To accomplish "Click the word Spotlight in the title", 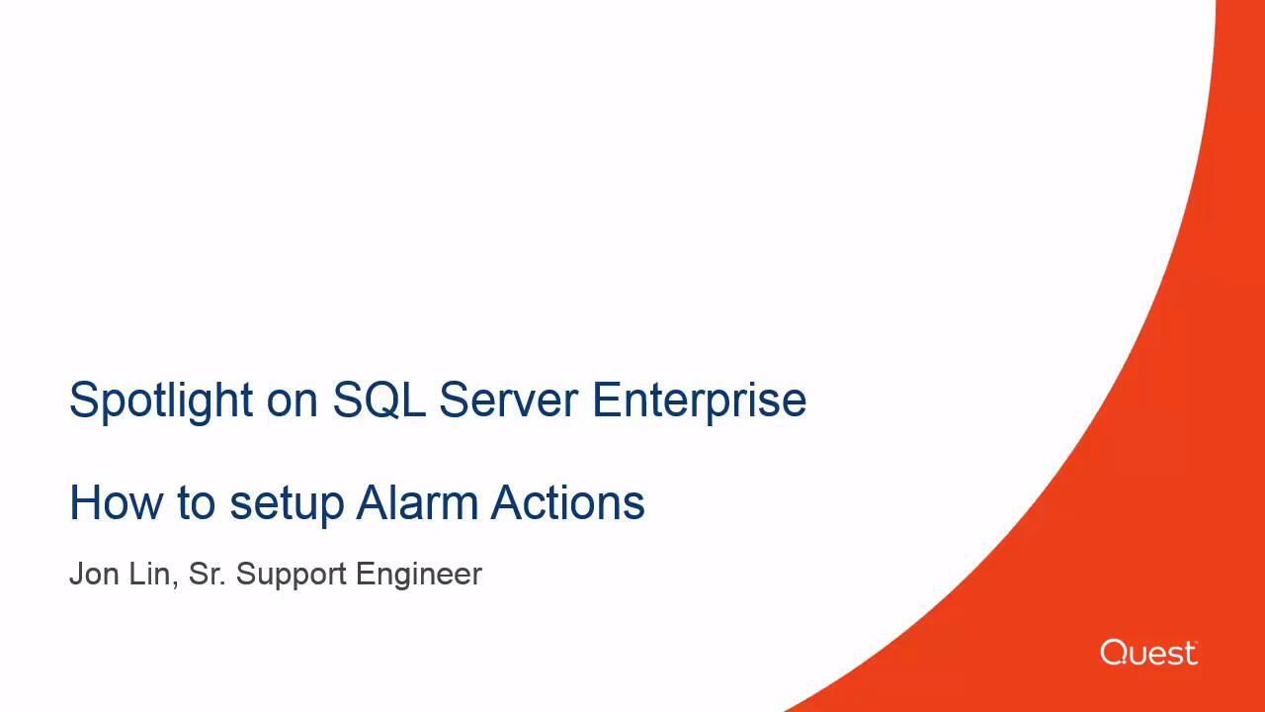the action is pos(161,401).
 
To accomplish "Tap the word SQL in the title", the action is pos(379,400).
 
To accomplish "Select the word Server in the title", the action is pos(509,400).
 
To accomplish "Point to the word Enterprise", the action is pos(699,402).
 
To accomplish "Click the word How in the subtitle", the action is pos(117,502).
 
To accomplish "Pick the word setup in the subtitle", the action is pos(287,505).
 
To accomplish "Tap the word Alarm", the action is pos(417,502).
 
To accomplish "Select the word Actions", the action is pos(567,502).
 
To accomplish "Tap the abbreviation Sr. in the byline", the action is pos(208,575).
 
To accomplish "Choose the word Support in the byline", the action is pos(292,577).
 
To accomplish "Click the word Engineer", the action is pos(419,577).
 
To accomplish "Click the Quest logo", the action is pos(1148,653).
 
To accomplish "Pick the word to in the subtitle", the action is pos(196,503).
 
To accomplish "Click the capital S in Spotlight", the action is pos(84,400).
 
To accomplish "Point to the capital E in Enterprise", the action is pos(606,400).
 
